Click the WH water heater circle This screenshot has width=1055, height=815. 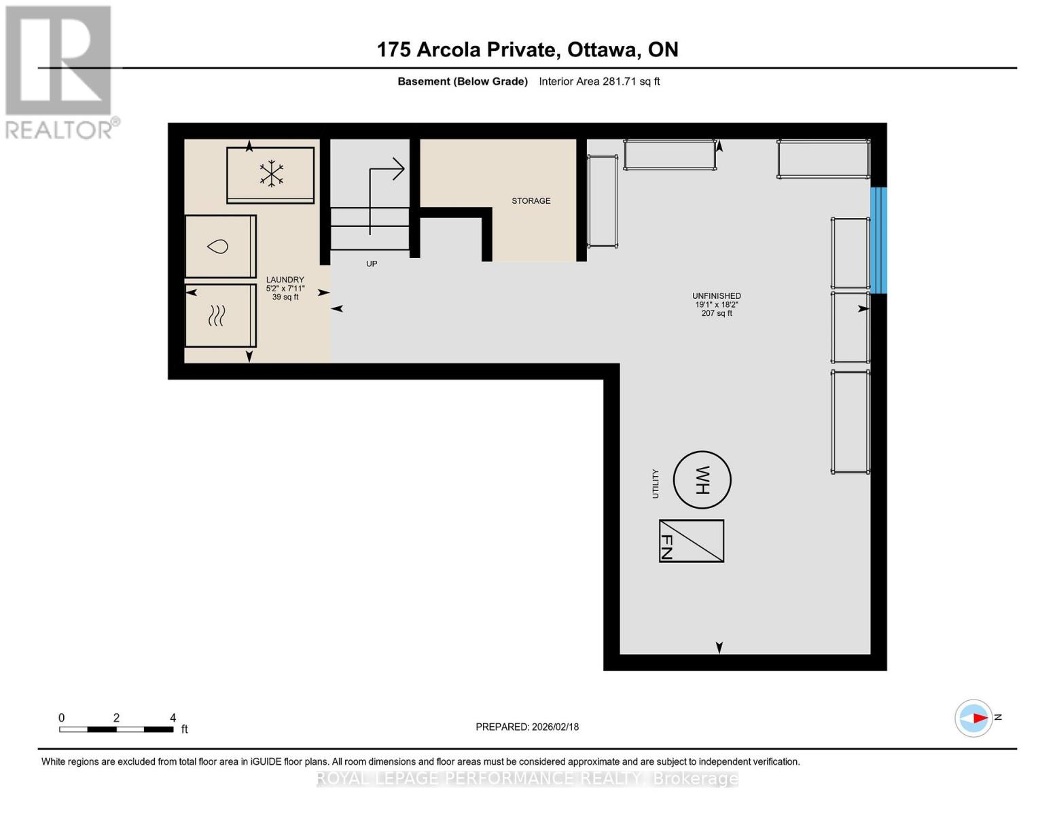pyautogui.click(x=702, y=479)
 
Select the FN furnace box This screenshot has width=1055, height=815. pyautogui.click(x=691, y=541)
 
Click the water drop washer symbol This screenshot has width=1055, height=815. pyautogui.click(x=218, y=247)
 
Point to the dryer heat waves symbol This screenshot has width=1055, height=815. pyautogui.click(x=217, y=315)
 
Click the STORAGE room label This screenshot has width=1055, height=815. pyautogui.click(x=531, y=201)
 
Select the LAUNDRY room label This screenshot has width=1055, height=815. pyautogui.click(x=285, y=280)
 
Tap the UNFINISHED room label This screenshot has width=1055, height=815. pyautogui.click(x=716, y=296)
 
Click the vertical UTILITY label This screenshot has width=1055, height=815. pyautogui.click(x=656, y=484)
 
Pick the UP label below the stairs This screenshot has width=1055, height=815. pyautogui.click(x=372, y=264)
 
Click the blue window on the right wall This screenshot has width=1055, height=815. pyautogui.click(x=878, y=240)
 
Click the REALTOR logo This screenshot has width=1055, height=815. pyautogui.click(x=60, y=71)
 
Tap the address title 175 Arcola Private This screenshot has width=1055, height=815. pyautogui.click(x=527, y=50)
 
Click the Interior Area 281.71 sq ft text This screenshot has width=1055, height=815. pyautogui.click(x=599, y=81)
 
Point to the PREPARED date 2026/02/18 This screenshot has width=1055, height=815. pyautogui.click(x=527, y=727)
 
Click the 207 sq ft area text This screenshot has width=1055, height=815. pyautogui.click(x=717, y=314)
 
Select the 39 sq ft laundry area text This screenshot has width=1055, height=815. pyautogui.click(x=285, y=297)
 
